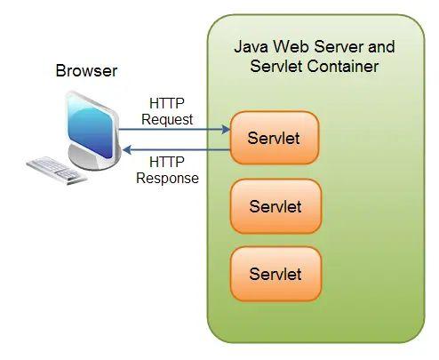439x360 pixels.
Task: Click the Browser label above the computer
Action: pyautogui.click(x=85, y=70)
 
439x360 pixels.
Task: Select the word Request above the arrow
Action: pyautogui.click(x=167, y=118)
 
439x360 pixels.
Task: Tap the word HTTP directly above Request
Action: pyautogui.click(x=166, y=103)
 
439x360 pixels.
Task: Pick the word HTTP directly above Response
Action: pyautogui.click(x=166, y=163)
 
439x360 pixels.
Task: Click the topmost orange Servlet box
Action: pyautogui.click(x=274, y=138)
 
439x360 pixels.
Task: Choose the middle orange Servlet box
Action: pyautogui.click(x=274, y=207)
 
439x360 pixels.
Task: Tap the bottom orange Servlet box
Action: pyautogui.click(x=274, y=274)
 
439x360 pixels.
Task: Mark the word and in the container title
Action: pyautogui.click(x=379, y=46)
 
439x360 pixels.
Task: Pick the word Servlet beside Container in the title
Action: pyautogui.click(x=280, y=67)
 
